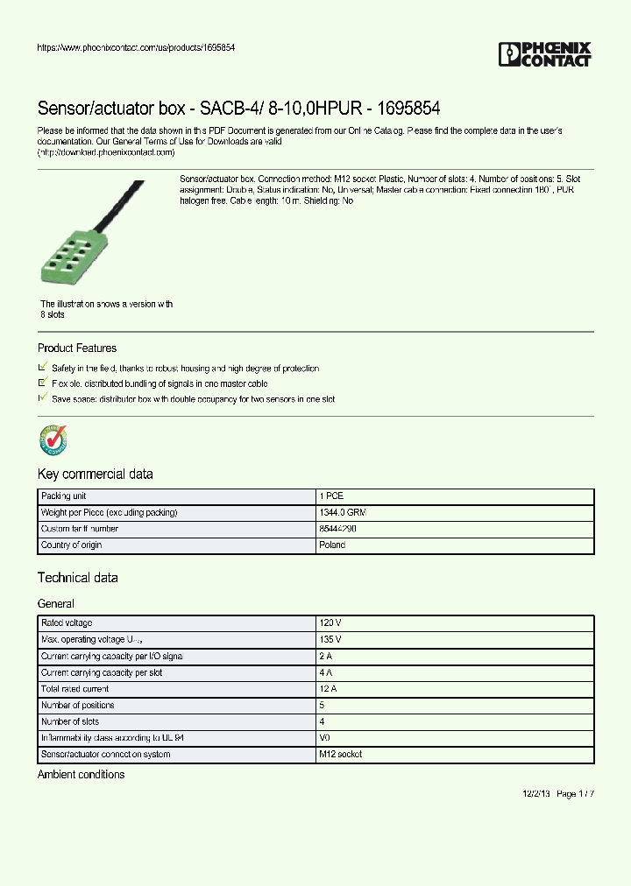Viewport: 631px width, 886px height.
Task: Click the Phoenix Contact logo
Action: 545,54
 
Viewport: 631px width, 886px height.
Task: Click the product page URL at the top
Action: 136,47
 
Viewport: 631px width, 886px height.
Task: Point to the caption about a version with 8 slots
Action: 106,309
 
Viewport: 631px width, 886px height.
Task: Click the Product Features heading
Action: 77,348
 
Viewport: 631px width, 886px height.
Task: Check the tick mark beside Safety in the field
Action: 43,368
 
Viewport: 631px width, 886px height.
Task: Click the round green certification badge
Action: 53,439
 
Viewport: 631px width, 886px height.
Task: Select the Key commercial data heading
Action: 96,475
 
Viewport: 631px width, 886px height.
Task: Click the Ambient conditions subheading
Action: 82,775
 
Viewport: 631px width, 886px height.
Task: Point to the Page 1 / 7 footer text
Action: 575,794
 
